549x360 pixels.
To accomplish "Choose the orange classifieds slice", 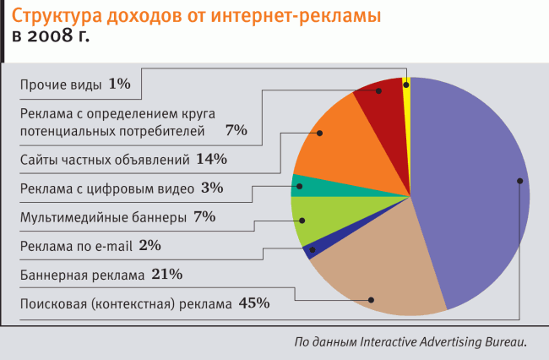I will point(338,144).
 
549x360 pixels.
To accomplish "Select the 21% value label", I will point(166,274).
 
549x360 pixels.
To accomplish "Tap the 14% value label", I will point(211,158).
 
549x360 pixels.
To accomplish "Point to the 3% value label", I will point(212,187).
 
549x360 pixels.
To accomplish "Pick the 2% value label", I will point(150,245).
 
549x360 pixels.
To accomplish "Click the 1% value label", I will point(119,84).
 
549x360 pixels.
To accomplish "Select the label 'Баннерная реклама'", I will point(82,275).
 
